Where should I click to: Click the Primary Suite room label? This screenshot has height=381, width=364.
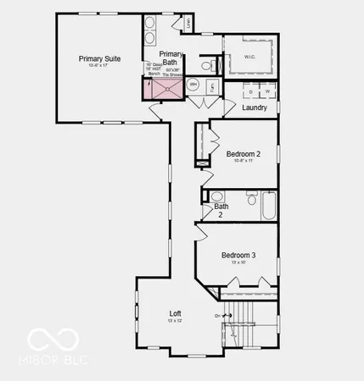coord(99,58)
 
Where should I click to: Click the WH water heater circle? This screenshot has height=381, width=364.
coord(193,84)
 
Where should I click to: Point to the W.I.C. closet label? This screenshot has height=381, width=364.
coord(249,58)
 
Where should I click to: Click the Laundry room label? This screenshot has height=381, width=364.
coord(254,108)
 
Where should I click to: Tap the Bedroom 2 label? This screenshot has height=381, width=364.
coord(243,153)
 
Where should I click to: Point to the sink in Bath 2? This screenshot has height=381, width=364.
coord(216,196)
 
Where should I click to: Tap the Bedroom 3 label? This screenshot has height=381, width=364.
coord(238,255)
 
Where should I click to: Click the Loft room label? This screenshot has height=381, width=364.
coord(175,314)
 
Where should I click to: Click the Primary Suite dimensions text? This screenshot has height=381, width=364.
coord(99,69)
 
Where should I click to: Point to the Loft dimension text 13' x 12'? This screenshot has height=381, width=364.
coord(175,322)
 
